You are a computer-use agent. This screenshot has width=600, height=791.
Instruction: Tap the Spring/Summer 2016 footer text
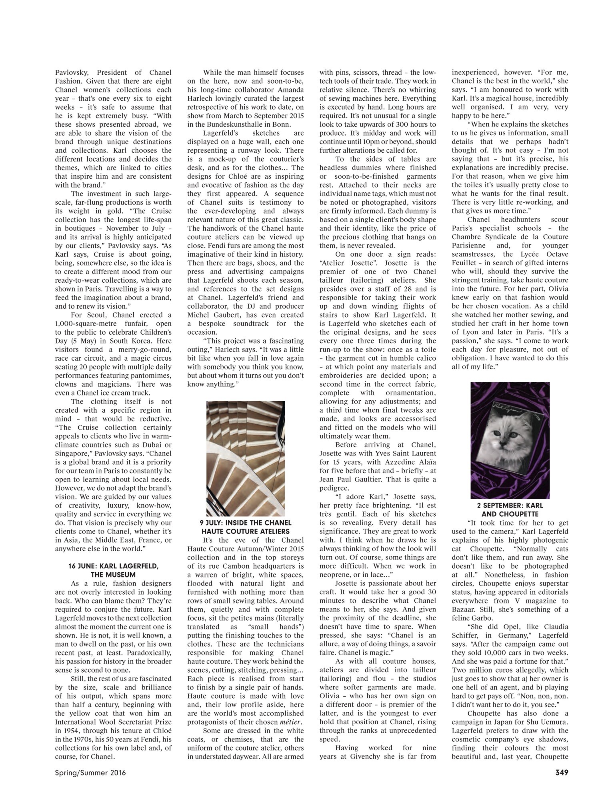click(x=90, y=773)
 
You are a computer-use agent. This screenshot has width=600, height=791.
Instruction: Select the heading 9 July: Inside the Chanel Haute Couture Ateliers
click(x=246, y=527)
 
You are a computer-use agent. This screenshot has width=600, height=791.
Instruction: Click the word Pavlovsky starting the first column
click(x=70, y=73)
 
